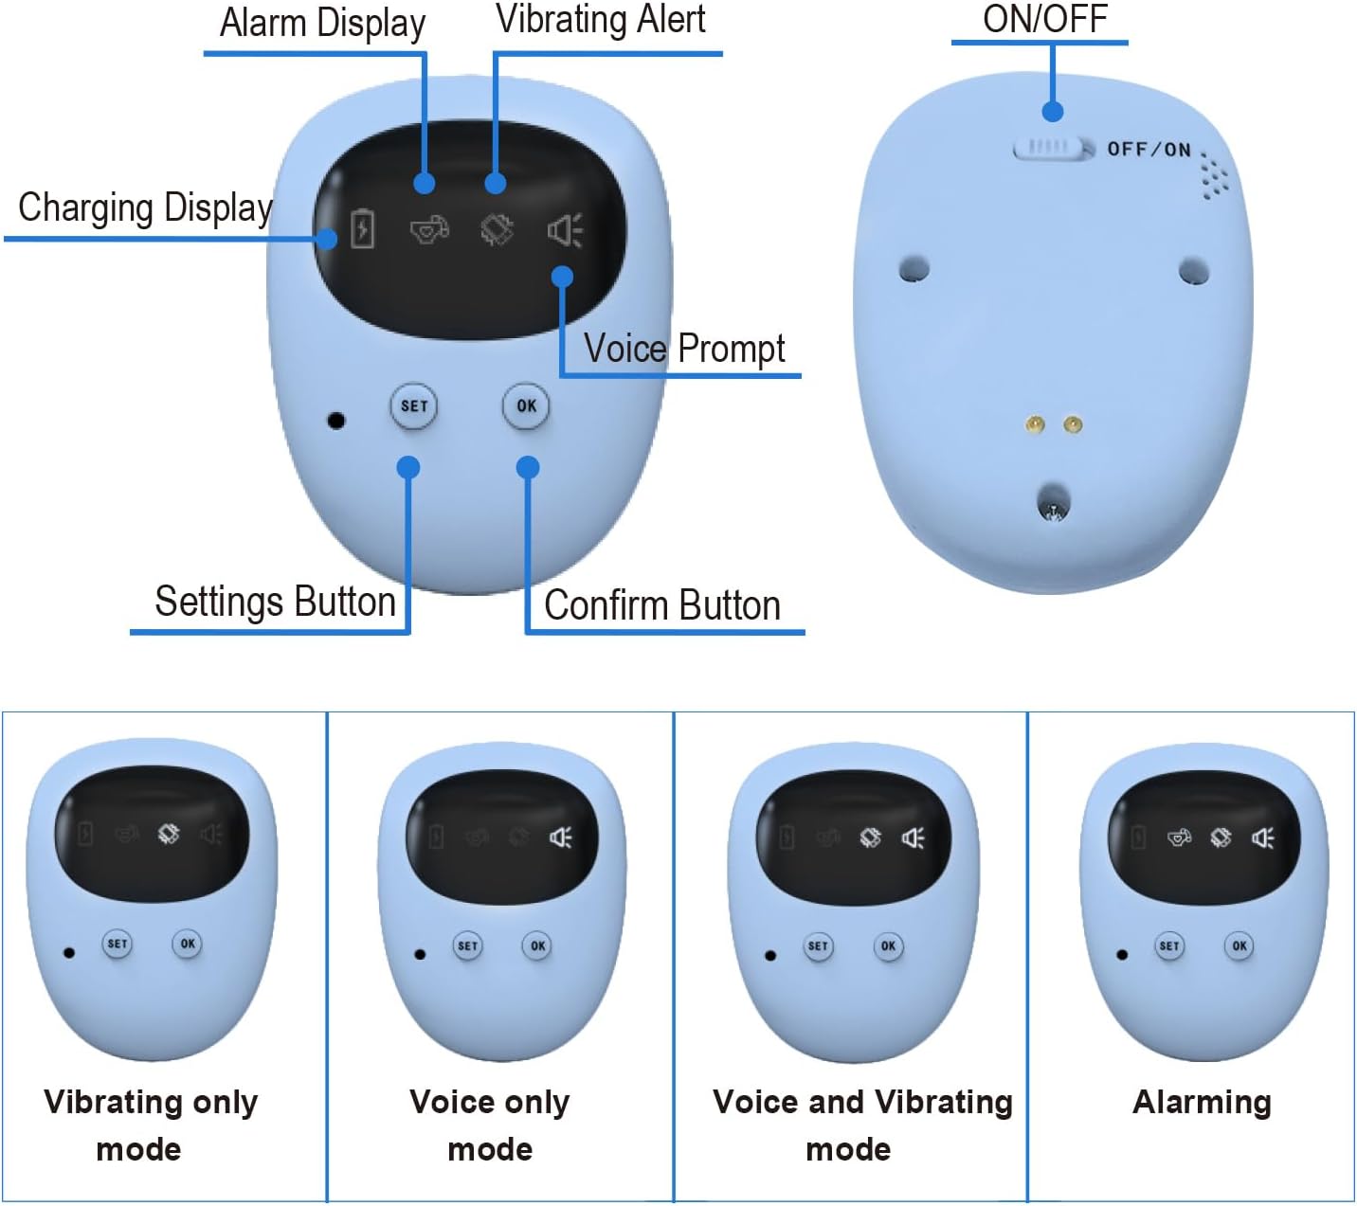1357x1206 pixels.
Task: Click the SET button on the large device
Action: [x=414, y=406]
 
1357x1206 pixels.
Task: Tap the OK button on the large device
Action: [x=526, y=406]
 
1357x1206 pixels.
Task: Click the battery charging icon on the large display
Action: [x=362, y=229]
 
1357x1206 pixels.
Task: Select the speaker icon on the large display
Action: [x=565, y=230]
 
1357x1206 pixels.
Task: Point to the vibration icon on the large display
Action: [x=497, y=229]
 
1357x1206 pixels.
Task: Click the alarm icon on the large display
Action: [x=428, y=229]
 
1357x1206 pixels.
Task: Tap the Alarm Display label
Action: [x=322, y=24]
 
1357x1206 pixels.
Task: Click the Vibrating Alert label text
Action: [x=601, y=20]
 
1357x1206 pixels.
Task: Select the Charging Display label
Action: [x=145, y=207]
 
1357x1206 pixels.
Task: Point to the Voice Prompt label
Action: [x=684, y=349]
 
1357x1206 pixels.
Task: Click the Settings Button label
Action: [x=275, y=603]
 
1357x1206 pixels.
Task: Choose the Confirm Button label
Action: [x=662, y=605]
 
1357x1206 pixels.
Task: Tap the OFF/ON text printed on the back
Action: [x=1149, y=150]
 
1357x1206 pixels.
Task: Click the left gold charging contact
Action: [x=1036, y=424]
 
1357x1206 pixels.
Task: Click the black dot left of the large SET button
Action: [x=335, y=420]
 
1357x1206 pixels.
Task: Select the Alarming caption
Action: [x=1202, y=1102]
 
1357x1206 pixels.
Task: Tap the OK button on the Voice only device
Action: [x=537, y=945]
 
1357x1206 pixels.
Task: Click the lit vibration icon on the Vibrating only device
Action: [x=169, y=834]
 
